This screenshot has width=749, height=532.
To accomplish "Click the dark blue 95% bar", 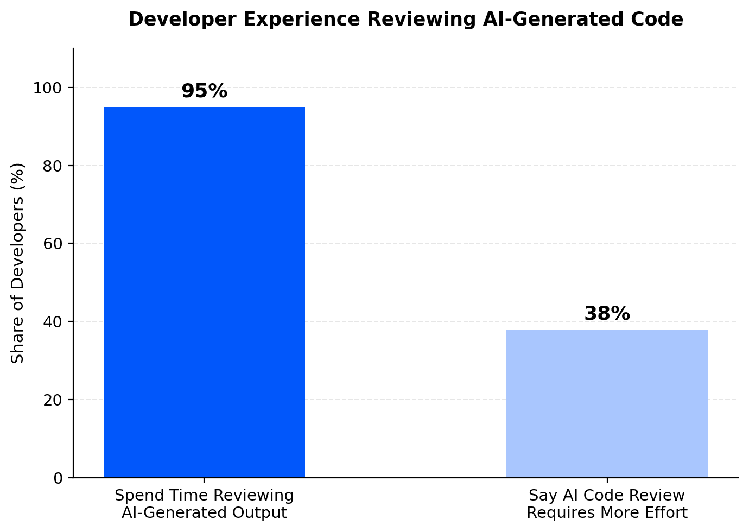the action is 204,292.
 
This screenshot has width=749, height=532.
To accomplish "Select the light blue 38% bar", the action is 607,403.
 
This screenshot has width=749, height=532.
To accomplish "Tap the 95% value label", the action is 204,91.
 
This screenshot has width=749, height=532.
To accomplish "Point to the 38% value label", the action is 607,313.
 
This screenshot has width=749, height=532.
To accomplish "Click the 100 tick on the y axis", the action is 47,88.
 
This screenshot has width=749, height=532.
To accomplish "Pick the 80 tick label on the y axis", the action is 53,166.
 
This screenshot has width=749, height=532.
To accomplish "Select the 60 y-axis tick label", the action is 53,244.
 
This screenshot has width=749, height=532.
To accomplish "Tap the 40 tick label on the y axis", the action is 53,322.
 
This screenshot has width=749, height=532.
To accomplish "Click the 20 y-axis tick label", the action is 53,400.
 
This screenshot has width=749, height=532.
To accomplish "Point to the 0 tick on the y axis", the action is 58,478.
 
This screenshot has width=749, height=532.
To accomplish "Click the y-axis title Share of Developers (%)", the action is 17,263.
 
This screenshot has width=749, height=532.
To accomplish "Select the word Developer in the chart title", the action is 182,20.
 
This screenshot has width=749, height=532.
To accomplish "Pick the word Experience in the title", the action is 302,20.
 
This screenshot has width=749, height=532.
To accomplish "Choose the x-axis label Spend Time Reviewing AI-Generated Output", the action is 204,504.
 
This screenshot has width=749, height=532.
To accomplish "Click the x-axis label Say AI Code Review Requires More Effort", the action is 607,504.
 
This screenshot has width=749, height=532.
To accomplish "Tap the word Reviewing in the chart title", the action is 421,20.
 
